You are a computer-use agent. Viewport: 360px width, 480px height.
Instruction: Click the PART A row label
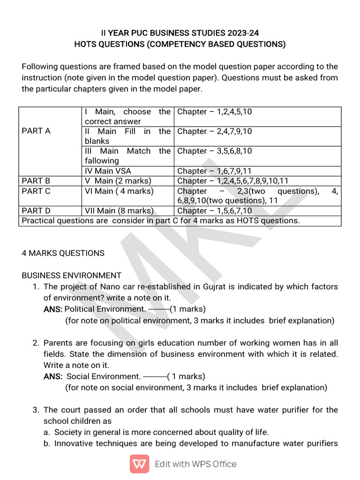pos(36,131)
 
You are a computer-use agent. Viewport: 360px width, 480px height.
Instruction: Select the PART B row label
pos(36,181)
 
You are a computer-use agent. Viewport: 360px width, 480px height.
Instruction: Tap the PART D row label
pos(36,211)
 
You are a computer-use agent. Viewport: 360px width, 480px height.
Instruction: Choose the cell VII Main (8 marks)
pos(119,211)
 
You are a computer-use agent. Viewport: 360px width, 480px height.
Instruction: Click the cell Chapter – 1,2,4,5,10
pos(215,112)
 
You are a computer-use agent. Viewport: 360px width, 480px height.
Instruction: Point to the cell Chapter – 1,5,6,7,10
pos(215,211)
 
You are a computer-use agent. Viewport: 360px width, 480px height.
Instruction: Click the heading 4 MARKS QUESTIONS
pos(63,253)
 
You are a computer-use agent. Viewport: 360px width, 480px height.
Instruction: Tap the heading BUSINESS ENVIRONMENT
pos(71,276)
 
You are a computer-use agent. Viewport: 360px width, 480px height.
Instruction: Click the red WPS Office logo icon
pos(139,464)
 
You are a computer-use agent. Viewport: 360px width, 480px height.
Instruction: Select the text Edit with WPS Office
pos(195,464)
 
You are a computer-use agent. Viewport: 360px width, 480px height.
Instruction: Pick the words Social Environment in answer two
pos(104,376)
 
